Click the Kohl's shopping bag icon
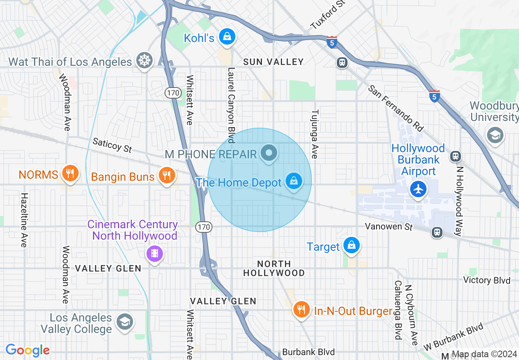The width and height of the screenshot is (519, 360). coord(226,37)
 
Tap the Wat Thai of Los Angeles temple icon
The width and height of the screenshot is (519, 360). coord(144,60)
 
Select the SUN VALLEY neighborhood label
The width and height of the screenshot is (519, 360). coord(273,62)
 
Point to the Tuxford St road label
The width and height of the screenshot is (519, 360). coord(328,15)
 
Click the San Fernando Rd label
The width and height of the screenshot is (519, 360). coord(395,108)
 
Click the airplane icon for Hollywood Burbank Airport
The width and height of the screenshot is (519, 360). coord(418,189)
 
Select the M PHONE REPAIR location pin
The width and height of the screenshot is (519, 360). coord(269,153)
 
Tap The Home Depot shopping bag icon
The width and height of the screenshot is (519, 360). coord(293,180)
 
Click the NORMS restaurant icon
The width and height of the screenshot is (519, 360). coord(70,173)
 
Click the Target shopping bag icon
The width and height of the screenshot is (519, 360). coord(351,245)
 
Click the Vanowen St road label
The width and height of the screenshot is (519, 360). coord(388,226)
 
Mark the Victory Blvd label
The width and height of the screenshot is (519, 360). coord(487,280)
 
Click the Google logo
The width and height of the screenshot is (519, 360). coord(28,350)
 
